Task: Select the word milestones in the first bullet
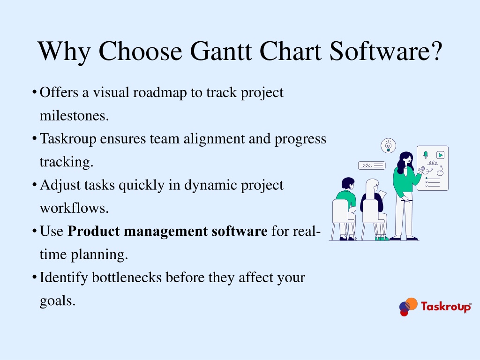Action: [74, 115]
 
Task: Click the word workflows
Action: [74, 208]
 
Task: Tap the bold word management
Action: [165, 232]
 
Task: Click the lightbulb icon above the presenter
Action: [388, 146]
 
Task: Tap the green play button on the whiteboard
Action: [440, 155]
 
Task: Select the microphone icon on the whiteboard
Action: [426, 155]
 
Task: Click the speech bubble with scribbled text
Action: [372, 165]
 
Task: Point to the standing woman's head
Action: [406, 159]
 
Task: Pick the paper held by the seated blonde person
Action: [382, 195]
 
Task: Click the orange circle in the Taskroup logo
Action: [412, 304]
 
